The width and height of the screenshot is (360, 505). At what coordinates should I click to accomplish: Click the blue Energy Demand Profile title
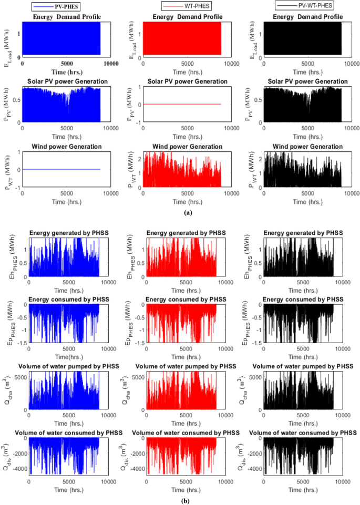tap(67, 17)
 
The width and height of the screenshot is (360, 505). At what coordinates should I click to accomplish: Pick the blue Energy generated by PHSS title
tap(69, 233)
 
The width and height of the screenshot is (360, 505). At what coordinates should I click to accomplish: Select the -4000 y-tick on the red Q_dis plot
tap(136, 467)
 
